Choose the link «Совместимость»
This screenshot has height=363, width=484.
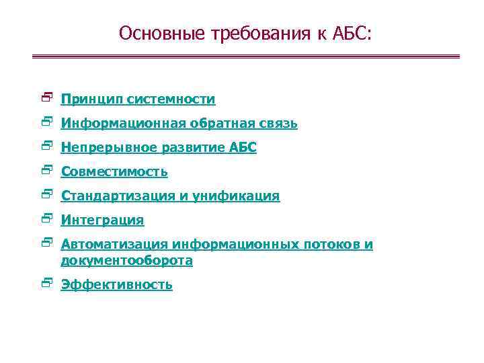(114, 172)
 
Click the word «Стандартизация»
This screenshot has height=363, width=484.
(118, 196)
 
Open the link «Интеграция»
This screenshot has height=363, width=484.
(102, 220)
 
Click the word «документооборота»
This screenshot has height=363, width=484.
(126, 260)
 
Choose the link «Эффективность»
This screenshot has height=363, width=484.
(116, 284)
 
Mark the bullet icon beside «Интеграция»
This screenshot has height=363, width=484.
(46, 219)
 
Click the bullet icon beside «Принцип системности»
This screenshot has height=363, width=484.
(46, 98)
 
